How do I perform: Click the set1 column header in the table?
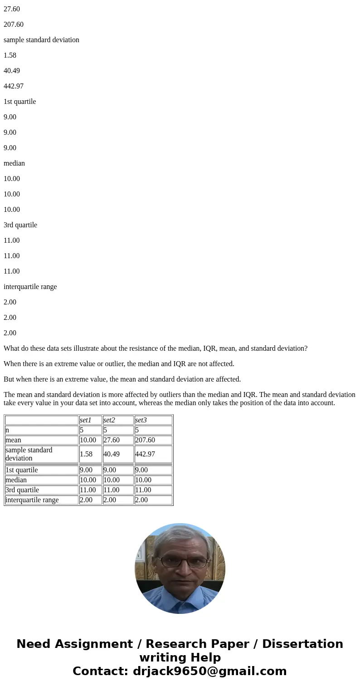86,420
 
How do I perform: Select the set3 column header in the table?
141,420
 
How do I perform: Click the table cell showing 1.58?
86,454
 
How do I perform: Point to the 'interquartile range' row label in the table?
32,500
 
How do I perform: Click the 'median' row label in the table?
16,480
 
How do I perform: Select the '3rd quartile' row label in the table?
22,490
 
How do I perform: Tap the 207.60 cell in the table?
145,440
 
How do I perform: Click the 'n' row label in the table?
8,430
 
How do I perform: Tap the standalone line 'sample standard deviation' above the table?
41,40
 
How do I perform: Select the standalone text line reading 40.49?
12,71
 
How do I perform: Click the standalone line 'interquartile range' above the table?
30,287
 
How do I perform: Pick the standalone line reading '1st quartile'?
19,102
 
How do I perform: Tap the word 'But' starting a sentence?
9,379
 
